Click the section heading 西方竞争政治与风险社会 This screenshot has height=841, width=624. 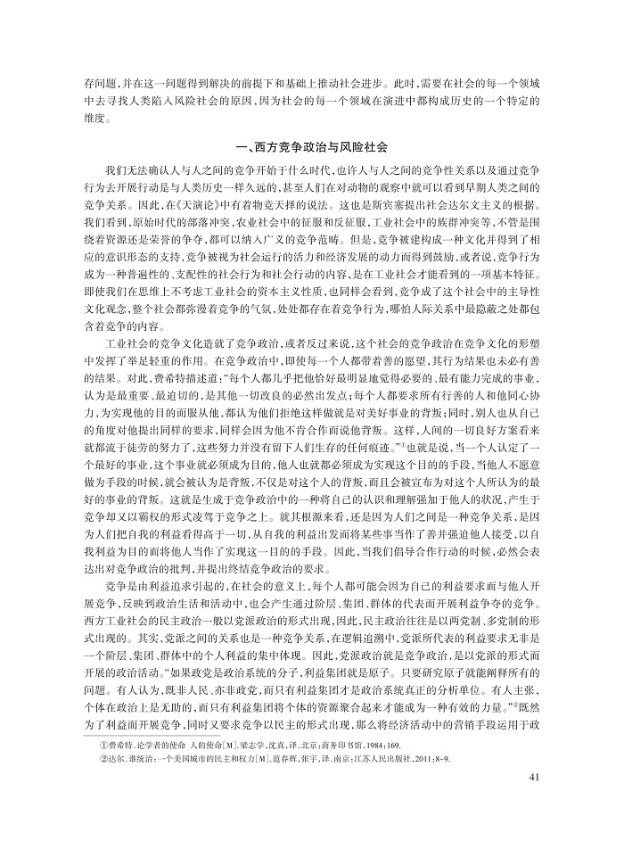(x=311, y=146)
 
